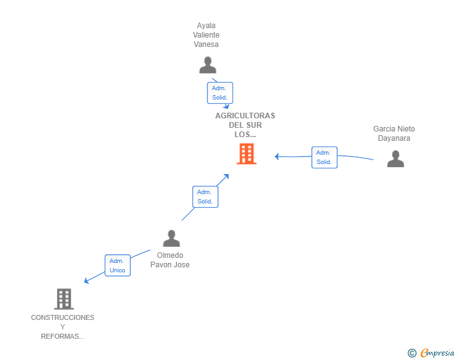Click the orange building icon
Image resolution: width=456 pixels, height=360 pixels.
(x=246, y=153)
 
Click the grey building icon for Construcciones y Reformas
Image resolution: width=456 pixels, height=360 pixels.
(x=64, y=299)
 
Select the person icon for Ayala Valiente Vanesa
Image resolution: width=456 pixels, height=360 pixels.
(x=208, y=65)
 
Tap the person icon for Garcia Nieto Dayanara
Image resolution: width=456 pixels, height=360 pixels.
(x=395, y=159)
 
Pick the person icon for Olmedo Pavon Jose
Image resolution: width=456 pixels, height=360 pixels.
(x=172, y=238)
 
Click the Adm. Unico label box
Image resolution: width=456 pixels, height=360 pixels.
(x=118, y=265)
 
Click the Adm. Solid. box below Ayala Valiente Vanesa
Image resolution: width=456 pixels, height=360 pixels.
(x=220, y=93)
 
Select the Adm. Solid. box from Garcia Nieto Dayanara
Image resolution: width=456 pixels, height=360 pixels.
(x=324, y=157)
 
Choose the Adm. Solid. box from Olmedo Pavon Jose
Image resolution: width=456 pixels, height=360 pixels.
(x=205, y=197)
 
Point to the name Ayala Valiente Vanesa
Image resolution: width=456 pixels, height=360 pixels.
(x=206, y=35)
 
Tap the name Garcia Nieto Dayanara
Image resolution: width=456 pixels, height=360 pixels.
(x=394, y=133)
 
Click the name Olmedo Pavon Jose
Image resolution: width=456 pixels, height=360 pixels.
(x=170, y=260)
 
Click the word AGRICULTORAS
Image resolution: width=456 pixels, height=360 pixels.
(x=245, y=116)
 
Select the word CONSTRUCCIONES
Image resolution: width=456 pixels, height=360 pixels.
(x=63, y=317)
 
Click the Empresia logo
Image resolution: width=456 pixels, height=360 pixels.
(x=437, y=352)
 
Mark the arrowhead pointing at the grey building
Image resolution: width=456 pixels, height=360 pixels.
(x=86, y=280)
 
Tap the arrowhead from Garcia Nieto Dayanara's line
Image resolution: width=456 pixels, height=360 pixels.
(x=277, y=157)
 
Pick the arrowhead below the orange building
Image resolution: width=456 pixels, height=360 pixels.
(x=226, y=177)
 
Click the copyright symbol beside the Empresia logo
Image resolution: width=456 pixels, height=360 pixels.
(x=412, y=353)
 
